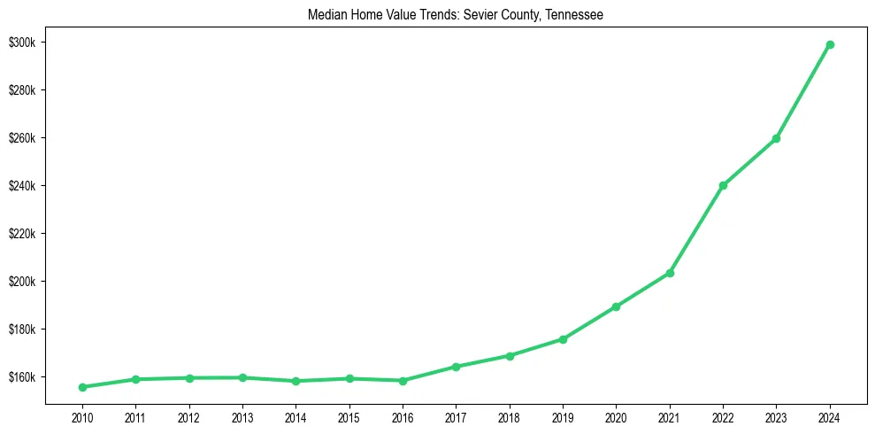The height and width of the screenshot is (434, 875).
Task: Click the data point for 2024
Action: pos(830,44)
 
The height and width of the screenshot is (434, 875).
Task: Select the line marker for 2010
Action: pos(82,387)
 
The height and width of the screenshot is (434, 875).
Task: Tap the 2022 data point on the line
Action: pos(723,185)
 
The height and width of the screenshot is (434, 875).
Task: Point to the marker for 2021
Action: pos(670,273)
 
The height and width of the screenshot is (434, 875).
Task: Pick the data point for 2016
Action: pos(403,381)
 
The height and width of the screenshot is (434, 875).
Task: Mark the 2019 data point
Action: pos(563,339)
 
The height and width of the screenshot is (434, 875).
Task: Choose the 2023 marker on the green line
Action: pos(776,138)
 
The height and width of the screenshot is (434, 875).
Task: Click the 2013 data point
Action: pos(242,377)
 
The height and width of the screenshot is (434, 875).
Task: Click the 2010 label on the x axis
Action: pos(82,416)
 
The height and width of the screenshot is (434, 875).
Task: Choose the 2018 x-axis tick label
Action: pos(510,416)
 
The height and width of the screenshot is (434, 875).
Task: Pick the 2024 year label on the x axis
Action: pos(830,416)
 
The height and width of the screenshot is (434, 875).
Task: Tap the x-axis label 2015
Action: pos(349,416)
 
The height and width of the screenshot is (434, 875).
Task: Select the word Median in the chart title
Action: pos(326,15)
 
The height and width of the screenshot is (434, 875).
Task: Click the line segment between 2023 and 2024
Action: pos(803,91)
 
